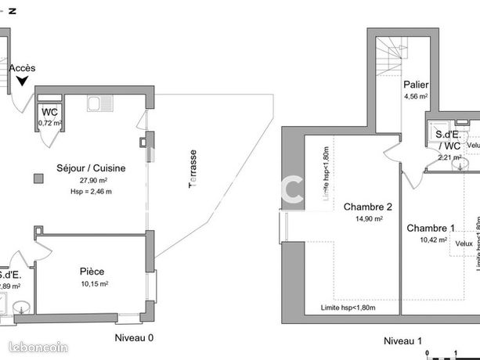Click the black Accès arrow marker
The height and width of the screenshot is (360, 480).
coord(21,80)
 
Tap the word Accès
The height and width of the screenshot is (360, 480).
coord(22,68)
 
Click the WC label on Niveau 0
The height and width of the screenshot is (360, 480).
coord(50,111)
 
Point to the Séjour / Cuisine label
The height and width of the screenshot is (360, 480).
coord(91,167)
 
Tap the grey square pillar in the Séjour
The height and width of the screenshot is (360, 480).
coord(38,178)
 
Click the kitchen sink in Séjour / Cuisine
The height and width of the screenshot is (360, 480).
coord(97,103)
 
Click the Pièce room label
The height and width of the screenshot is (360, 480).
coord(92,272)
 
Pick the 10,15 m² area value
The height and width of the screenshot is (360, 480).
coord(93,283)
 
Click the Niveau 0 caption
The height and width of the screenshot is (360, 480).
coord(134,338)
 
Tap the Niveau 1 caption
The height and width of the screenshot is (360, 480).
coord(402,340)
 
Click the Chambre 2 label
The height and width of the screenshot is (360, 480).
coord(367,207)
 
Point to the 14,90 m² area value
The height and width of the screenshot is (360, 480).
coord(367,219)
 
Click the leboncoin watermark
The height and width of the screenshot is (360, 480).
coord(38,347)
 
